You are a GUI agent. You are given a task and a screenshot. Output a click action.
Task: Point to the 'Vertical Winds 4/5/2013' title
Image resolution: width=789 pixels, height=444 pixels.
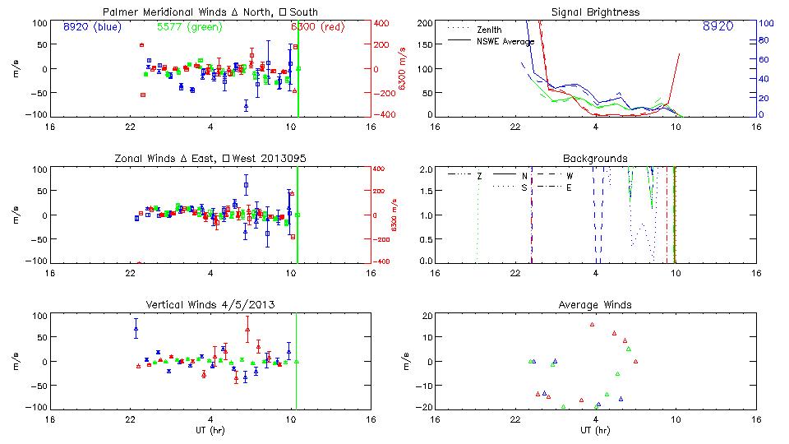210,304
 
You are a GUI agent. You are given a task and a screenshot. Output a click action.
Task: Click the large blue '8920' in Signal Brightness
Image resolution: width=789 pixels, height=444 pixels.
718,26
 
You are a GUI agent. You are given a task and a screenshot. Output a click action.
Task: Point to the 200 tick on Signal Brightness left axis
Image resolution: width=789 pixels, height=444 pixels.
424,22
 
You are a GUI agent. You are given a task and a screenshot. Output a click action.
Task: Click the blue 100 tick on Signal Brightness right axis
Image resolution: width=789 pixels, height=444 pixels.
764,22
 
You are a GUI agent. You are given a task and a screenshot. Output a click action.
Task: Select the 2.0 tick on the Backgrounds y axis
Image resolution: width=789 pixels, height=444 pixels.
425,169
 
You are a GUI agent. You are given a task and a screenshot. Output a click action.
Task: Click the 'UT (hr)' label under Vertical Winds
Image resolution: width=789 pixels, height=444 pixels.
210,430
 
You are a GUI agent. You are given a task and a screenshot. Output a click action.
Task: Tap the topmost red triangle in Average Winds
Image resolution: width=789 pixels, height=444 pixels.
592,325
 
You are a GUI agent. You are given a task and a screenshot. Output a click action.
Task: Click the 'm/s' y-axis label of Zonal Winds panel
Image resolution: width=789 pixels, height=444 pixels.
17,215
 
